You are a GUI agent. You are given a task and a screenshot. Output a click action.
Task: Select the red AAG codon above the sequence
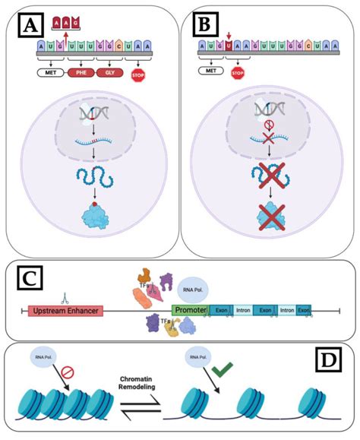click(67, 27)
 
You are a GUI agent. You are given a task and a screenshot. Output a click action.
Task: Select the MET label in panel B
click(210, 71)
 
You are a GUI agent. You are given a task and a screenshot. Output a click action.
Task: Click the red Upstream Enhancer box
click(66, 311)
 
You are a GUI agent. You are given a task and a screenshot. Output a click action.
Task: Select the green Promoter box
click(189, 311)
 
